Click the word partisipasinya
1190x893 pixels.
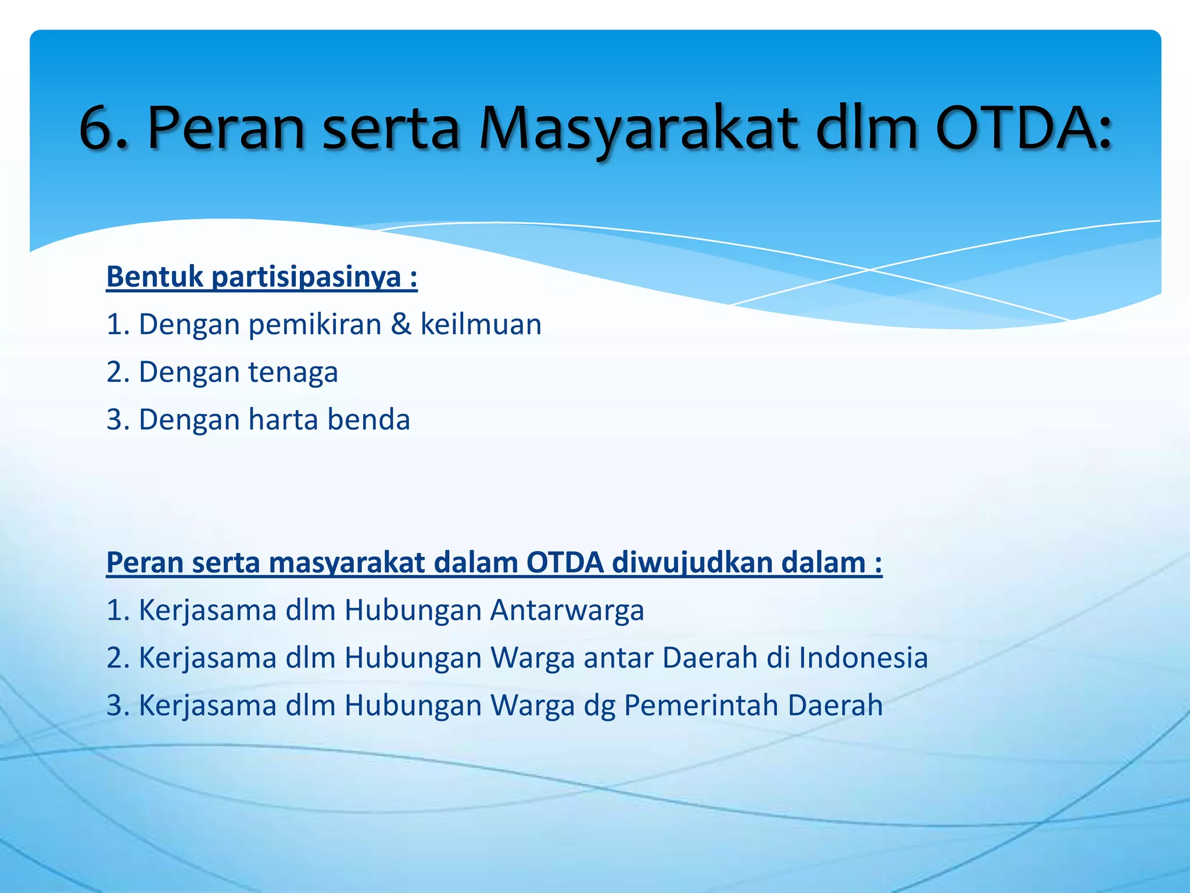tap(306, 278)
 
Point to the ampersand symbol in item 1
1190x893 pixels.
tap(401, 324)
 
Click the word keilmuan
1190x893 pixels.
tap(481, 324)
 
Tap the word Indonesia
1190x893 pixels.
tap(863, 658)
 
